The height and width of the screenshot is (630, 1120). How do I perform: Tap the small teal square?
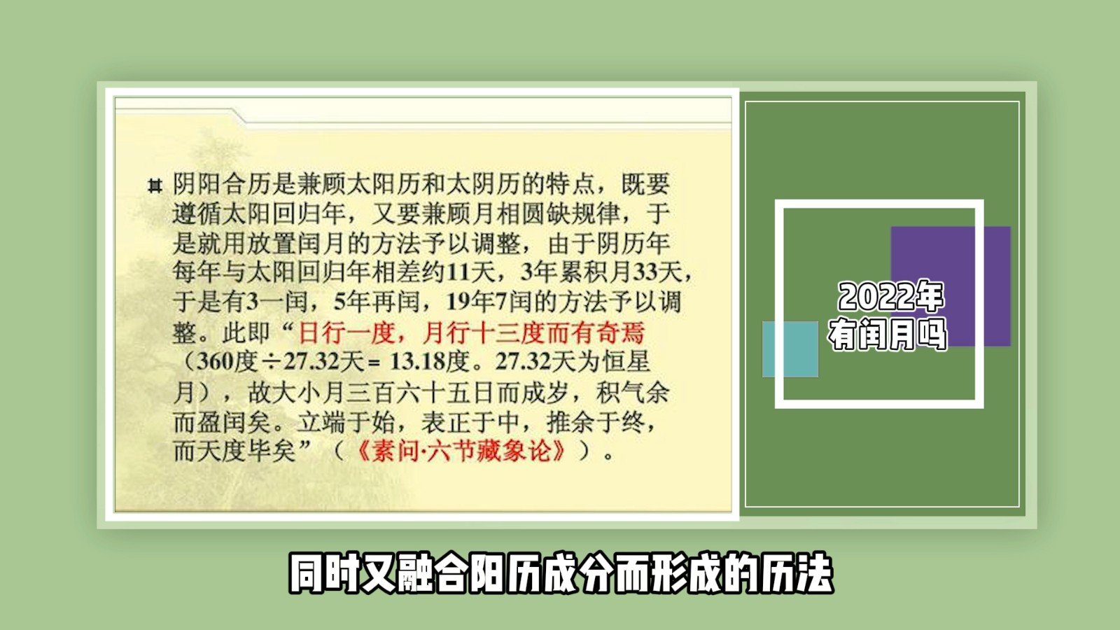point(790,349)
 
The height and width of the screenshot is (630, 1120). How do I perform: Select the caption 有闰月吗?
point(888,335)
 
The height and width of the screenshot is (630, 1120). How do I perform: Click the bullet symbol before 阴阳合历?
point(155,186)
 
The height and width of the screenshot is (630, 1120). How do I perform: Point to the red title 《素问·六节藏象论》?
point(461,451)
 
